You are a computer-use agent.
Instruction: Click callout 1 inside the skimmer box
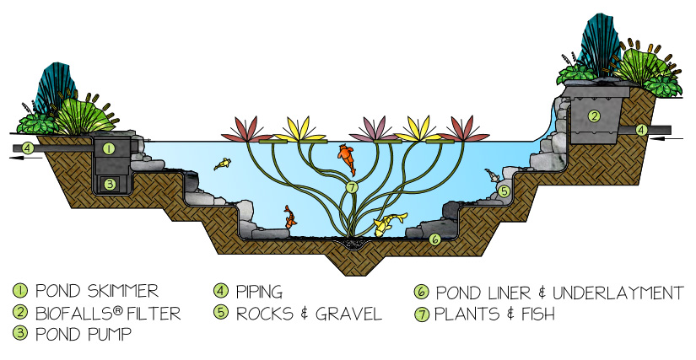click(x=108, y=148)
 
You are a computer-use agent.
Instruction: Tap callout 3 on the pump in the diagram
click(x=108, y=184)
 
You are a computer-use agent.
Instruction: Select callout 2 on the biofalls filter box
click(x=594, y=116)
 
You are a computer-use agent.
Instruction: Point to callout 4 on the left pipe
click(x=28, y=148)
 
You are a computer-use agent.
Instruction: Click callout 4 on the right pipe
click(x=642, y=130)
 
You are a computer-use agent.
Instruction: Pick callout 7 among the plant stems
click(x=352, y=186)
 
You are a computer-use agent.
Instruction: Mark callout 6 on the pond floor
click(x=434, y=239)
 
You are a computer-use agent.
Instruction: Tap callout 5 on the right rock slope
click(x=504, y=192)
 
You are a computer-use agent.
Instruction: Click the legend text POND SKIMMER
click(x=96, y=292)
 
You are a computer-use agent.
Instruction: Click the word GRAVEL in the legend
click(x=347, y=314)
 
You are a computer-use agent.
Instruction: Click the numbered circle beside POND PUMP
click(x=20, y=333)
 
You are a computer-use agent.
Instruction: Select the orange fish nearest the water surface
click(x=346, y=155)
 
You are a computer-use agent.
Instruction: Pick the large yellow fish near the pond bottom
click(x=386, y=225)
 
